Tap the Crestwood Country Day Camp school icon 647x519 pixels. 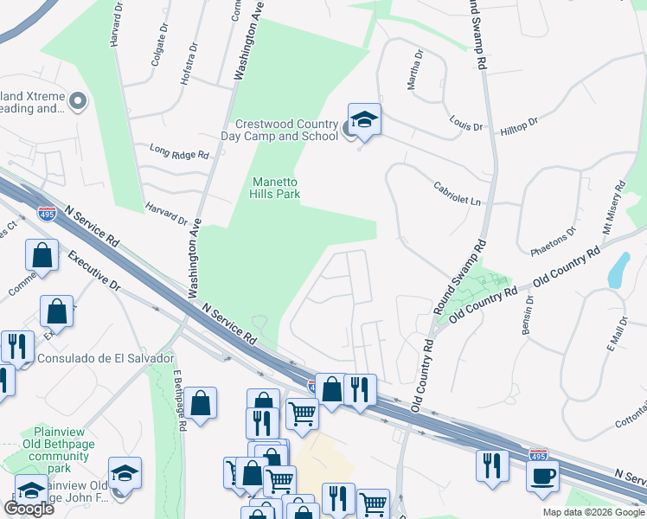point(364,120)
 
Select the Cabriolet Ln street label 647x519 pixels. point(457,194)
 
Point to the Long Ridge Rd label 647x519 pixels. point(179,153)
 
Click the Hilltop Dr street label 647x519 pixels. point(519,126)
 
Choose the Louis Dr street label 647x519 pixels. point(465,122)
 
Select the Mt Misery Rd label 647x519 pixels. point(613,209)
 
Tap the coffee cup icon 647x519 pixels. point(542,475)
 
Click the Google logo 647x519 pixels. point(29,509)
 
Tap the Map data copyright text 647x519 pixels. point(593,512)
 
